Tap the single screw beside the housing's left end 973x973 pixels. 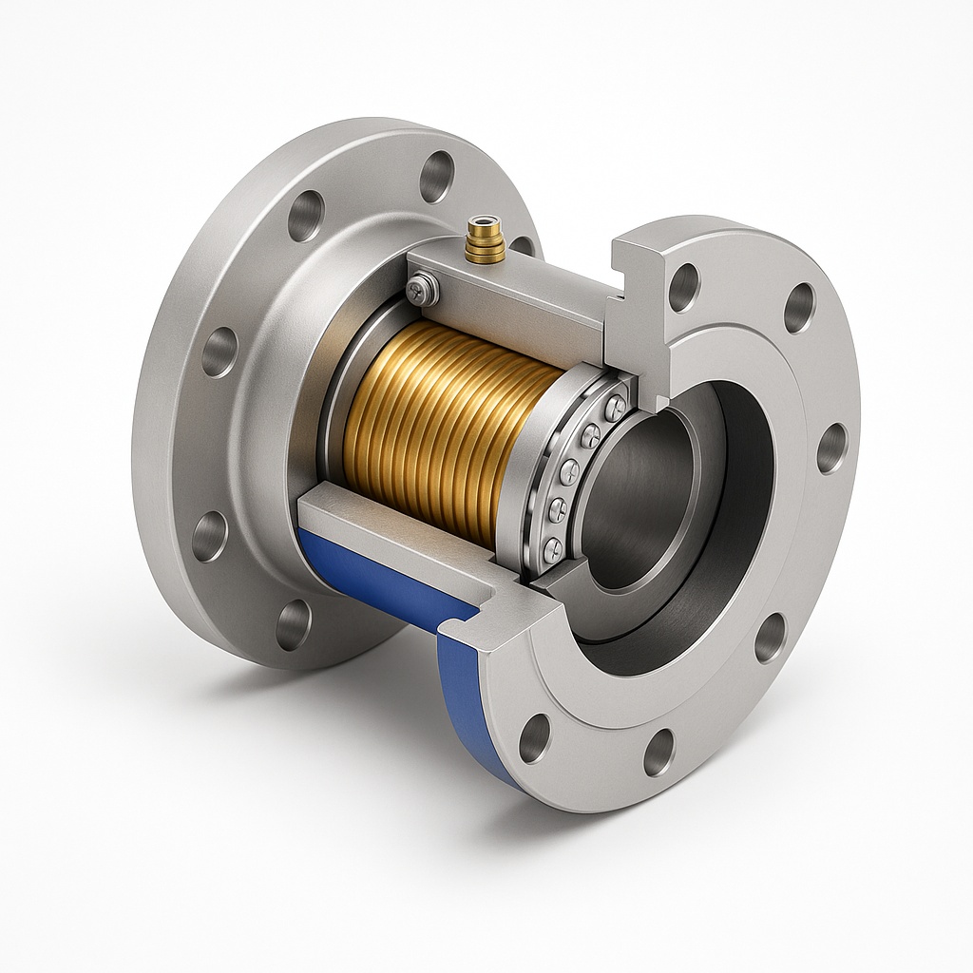click(420, 289)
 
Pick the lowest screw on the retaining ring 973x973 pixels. click(552, 546)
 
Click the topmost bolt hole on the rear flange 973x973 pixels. click(436, 176)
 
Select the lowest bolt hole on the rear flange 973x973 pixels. click(293, 624)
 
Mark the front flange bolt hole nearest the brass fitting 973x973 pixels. click(683, 286)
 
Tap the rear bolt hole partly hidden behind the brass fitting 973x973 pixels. click(522, 245)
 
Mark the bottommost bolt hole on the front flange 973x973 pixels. click(658, 752)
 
